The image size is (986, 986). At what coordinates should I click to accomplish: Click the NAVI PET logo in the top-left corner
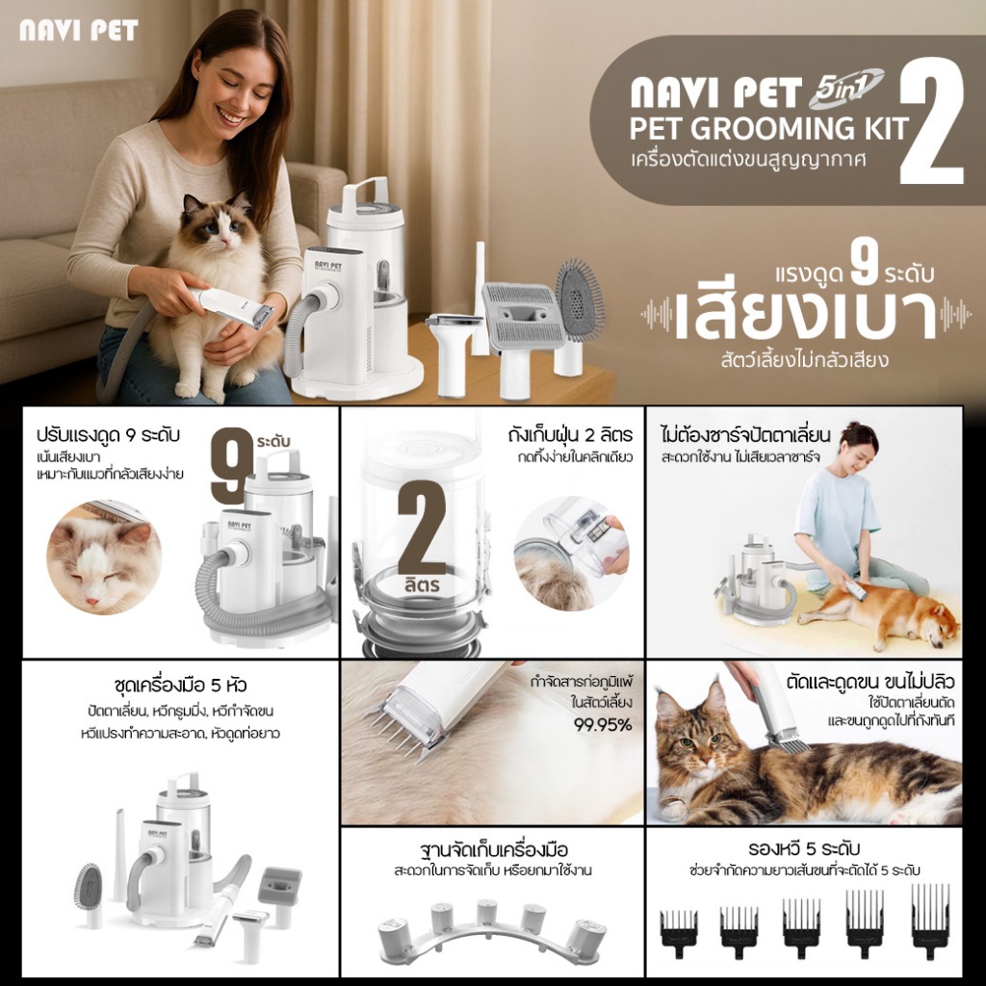tap(79, 30)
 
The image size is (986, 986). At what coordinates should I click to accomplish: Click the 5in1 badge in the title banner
tap(845, 88)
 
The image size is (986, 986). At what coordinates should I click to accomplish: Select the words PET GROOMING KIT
tap(769, 128)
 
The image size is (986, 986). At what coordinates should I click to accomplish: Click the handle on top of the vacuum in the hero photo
tap(363, 193)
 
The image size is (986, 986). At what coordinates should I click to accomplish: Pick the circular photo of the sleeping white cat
tap(104, 558)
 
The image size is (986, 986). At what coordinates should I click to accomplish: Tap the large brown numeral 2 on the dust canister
tap(422, 529)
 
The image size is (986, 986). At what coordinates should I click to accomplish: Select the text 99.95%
tap(603, 725)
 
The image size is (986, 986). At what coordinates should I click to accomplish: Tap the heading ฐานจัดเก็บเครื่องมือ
tap(493, 850)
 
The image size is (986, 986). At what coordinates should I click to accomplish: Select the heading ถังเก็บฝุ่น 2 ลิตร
tap(570, 435)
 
